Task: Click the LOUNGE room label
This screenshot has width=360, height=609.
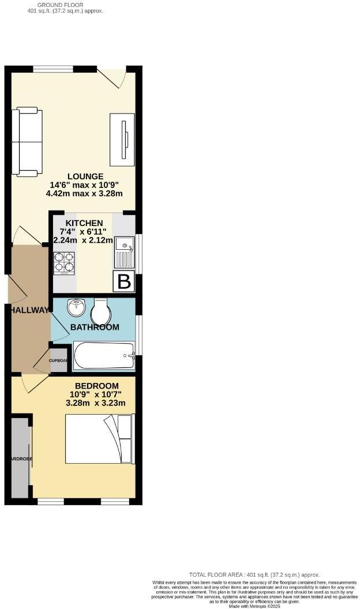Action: pyautogui.click(x=85, y=176)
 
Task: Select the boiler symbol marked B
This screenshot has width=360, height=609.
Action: pyautogui.click(x=125, y=282)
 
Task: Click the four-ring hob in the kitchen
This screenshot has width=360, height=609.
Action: pyautogui.click(x=65, y=263)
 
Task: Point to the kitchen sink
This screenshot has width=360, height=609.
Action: pyautogui.click(x=125, y=252)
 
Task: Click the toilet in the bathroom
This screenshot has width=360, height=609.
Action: pyautogui.click(x=100, y=311)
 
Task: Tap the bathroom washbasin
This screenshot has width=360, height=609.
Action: pyautogui.click(x=76, y=308)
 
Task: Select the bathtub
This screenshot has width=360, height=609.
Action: pyautogui.click(x=104, y=356)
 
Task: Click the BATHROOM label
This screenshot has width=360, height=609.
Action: pyautogui.click(x=95, y=328)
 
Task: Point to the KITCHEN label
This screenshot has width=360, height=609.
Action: pyautogui.click(x=84, y=223)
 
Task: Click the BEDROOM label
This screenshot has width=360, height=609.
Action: pyautogui.click(x=97, y=386)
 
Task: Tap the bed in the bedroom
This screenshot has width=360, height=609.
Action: pyautogui.click(x=99, y=439)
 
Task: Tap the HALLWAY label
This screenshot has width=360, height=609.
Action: pyautogui.click(x=29, y=310)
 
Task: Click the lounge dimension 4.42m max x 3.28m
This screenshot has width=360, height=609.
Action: pyautogui.click(x=84, y=194)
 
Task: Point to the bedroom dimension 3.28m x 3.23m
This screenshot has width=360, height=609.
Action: pyautogui.click(x=96, y=403)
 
